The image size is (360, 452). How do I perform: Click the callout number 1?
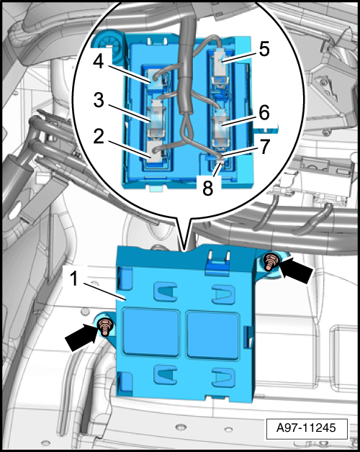74,279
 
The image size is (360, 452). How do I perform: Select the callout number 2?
99,137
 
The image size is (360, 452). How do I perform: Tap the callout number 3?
99,100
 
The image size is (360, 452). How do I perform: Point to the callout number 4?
99,61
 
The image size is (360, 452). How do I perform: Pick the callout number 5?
264,49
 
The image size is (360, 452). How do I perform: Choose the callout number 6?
264,112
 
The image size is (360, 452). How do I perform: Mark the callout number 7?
264,147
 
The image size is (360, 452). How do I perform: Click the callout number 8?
207,189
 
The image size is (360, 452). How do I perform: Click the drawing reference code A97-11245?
306,428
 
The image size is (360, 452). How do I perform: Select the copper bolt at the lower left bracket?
104,327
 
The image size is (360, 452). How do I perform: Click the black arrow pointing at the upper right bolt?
296,270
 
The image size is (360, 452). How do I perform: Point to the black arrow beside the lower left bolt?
81,338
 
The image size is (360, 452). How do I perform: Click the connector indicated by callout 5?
221,65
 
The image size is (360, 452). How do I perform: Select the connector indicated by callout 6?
221,127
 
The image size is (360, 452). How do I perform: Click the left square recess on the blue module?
151,333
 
